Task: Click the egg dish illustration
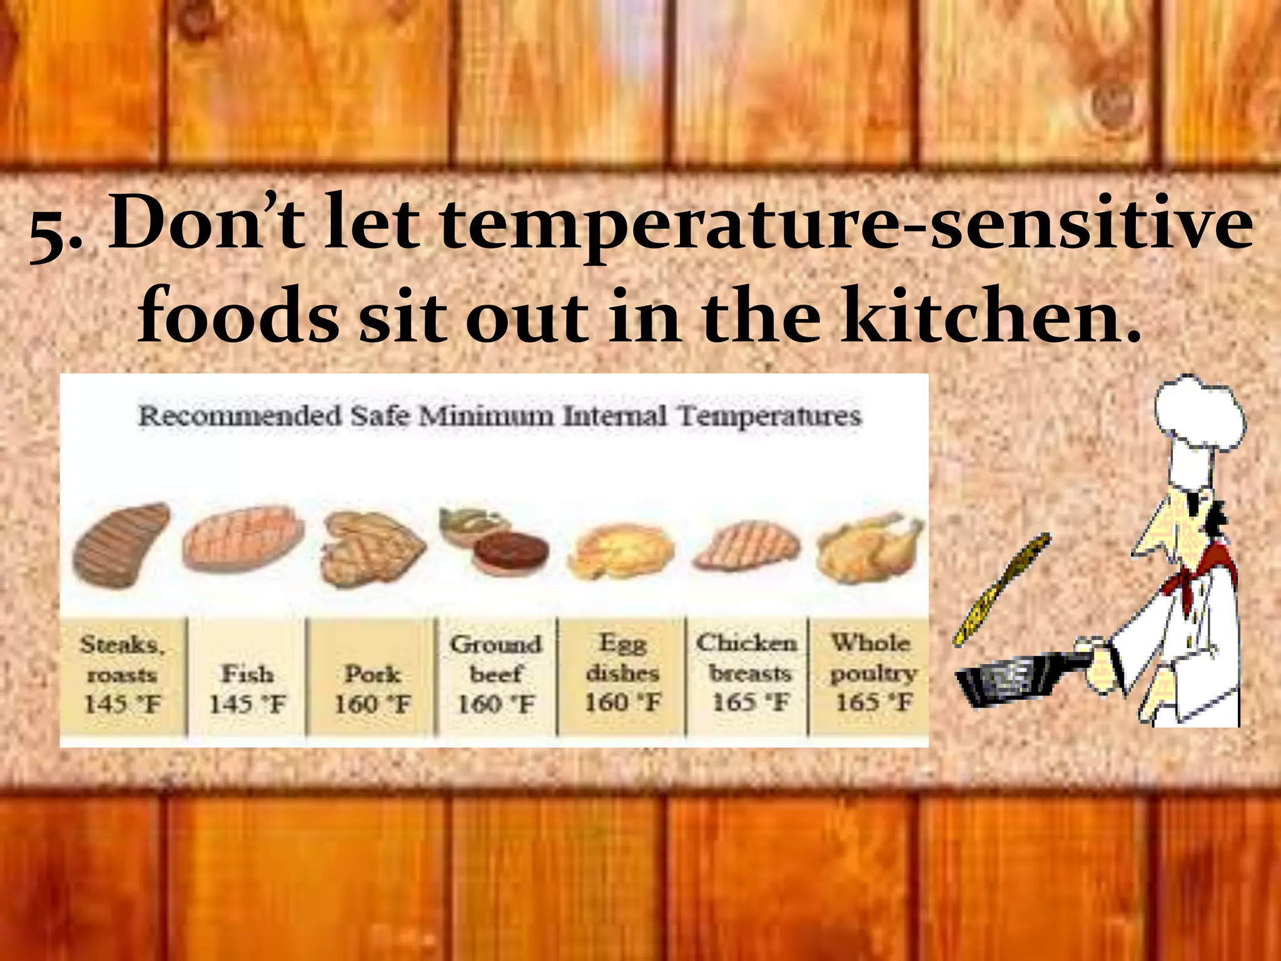pos(622,551)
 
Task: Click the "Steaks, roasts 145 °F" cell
pos(123,674)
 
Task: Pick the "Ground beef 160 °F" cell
pos(496,674)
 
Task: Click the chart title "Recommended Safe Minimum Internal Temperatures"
pos(499,416)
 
